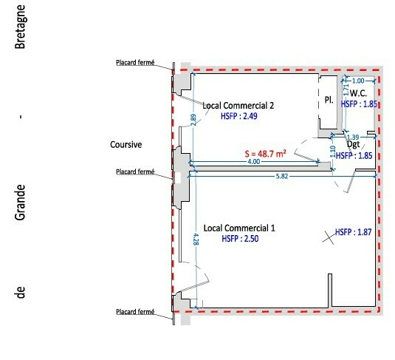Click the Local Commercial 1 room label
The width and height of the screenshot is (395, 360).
239,228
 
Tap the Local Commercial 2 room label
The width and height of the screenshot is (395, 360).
238,106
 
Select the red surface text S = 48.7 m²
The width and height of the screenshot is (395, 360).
266,154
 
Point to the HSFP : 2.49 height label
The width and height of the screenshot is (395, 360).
239,116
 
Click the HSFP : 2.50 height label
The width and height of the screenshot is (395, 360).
240,239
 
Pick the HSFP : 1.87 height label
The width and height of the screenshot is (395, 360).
353,232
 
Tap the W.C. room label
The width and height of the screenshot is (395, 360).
358,93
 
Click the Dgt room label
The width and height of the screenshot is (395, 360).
354,145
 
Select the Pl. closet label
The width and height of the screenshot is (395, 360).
329,100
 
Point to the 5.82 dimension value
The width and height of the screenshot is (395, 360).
282,176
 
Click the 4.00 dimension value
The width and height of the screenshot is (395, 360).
254,161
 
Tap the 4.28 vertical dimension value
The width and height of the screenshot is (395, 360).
196,240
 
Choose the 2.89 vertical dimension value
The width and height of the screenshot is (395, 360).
193,120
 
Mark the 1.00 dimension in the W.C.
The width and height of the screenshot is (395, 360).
358,81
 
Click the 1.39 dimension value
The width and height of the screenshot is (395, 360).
353,137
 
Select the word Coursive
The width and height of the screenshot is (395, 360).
126,145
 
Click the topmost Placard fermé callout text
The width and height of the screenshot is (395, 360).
135,62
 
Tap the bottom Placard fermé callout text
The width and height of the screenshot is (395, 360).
135,312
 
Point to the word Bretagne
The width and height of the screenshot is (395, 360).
20,27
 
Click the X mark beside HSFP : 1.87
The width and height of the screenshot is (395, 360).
329,237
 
